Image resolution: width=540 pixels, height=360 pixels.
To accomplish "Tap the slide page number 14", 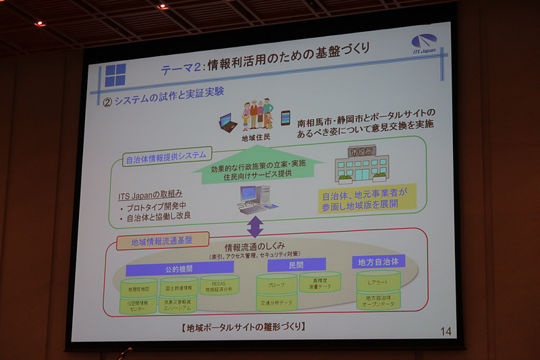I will pyautogui.click(x=446, y=331).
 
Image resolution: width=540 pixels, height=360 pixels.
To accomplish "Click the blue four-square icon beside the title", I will pyautogui.click(x=115, y=75).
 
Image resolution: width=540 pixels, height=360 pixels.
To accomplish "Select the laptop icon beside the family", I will pyautogui.click(x=230, y=123).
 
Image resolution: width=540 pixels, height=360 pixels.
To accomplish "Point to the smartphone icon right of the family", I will pyautogui.click(x=285, y=118).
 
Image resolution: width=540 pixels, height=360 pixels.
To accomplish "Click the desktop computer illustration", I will pyautogui.click(x=252, y=198).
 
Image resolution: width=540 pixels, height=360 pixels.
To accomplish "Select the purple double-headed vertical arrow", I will pyautogui.click(x=255, y=226).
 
